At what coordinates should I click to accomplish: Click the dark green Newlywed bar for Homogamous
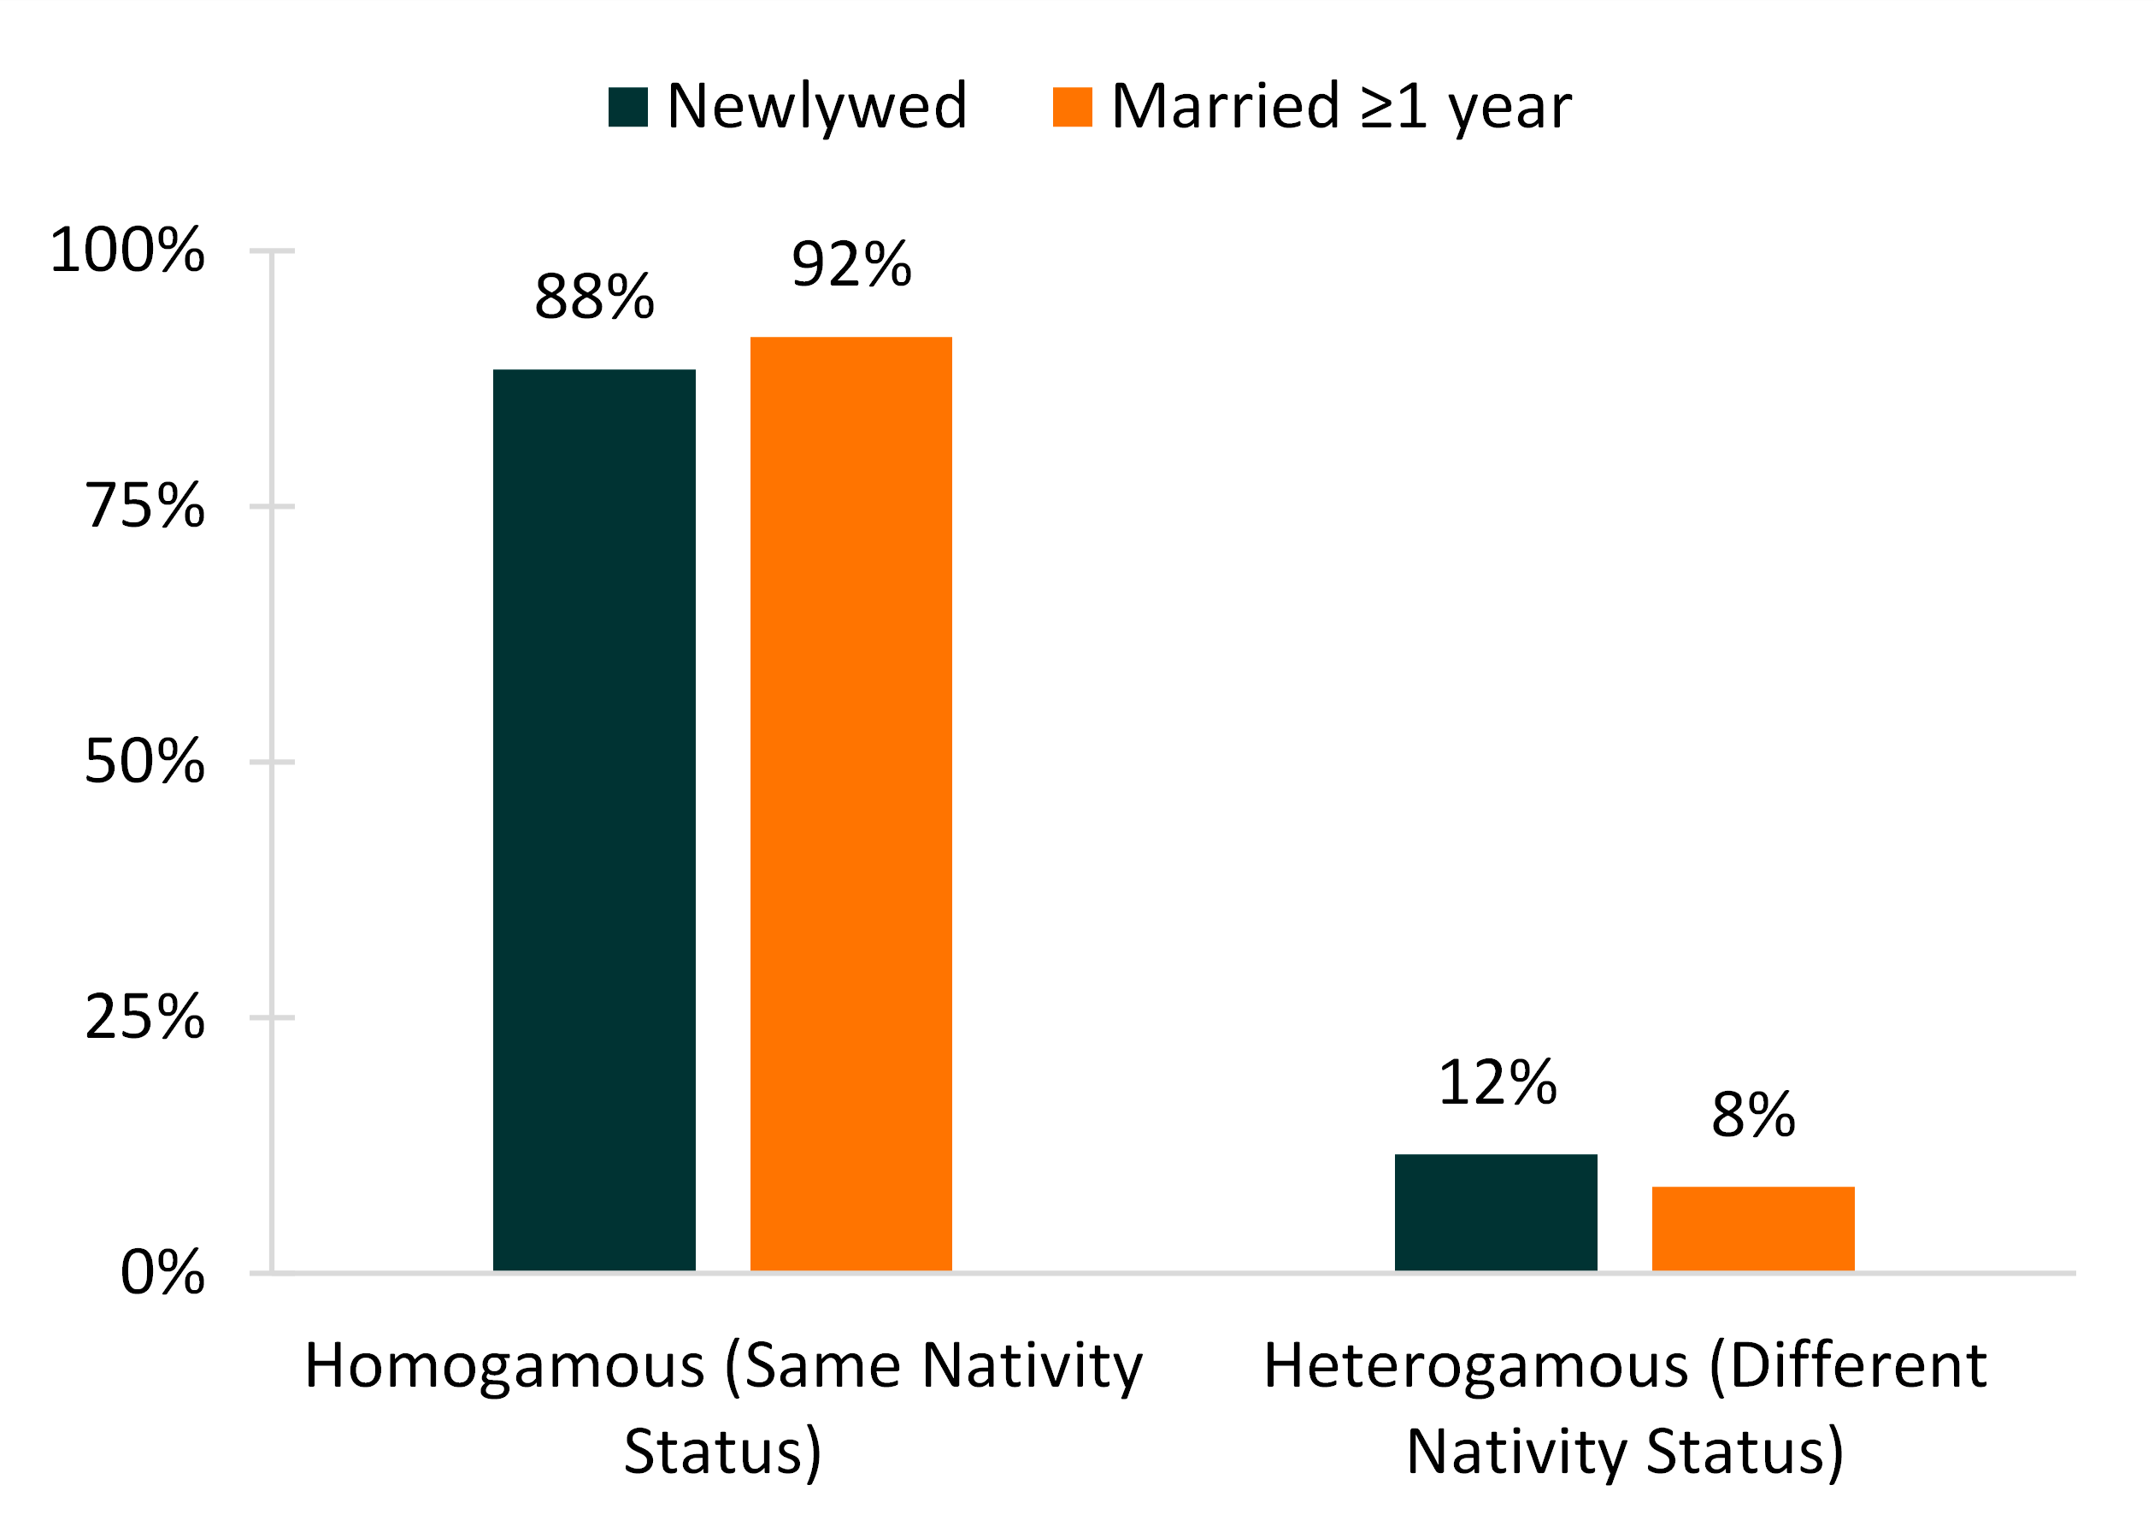click(594, 819)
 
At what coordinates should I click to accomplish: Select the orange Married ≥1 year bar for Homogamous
click(850, 803)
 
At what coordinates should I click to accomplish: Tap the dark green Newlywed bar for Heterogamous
click(1495, 1212)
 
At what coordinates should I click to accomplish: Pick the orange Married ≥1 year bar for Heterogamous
click(1752, 1229)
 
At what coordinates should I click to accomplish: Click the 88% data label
click(594, 297)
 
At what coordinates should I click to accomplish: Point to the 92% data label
click(850, 264)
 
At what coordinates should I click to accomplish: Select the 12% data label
click(1496, 1082)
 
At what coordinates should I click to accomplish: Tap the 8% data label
click(1752, 1115)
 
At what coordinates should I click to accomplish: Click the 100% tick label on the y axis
click(127, 251)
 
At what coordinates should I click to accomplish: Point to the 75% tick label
click(144, 506)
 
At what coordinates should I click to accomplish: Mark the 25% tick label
click(144, 1017)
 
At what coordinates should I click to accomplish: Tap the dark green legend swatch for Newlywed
click(627, 107)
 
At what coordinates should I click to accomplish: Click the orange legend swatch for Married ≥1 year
click(1072, 107)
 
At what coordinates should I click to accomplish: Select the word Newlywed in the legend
click(816, 106)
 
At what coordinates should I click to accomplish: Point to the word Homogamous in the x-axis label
click(503, 1366)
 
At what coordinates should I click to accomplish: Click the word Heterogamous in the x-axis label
click(1475, 1366)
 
